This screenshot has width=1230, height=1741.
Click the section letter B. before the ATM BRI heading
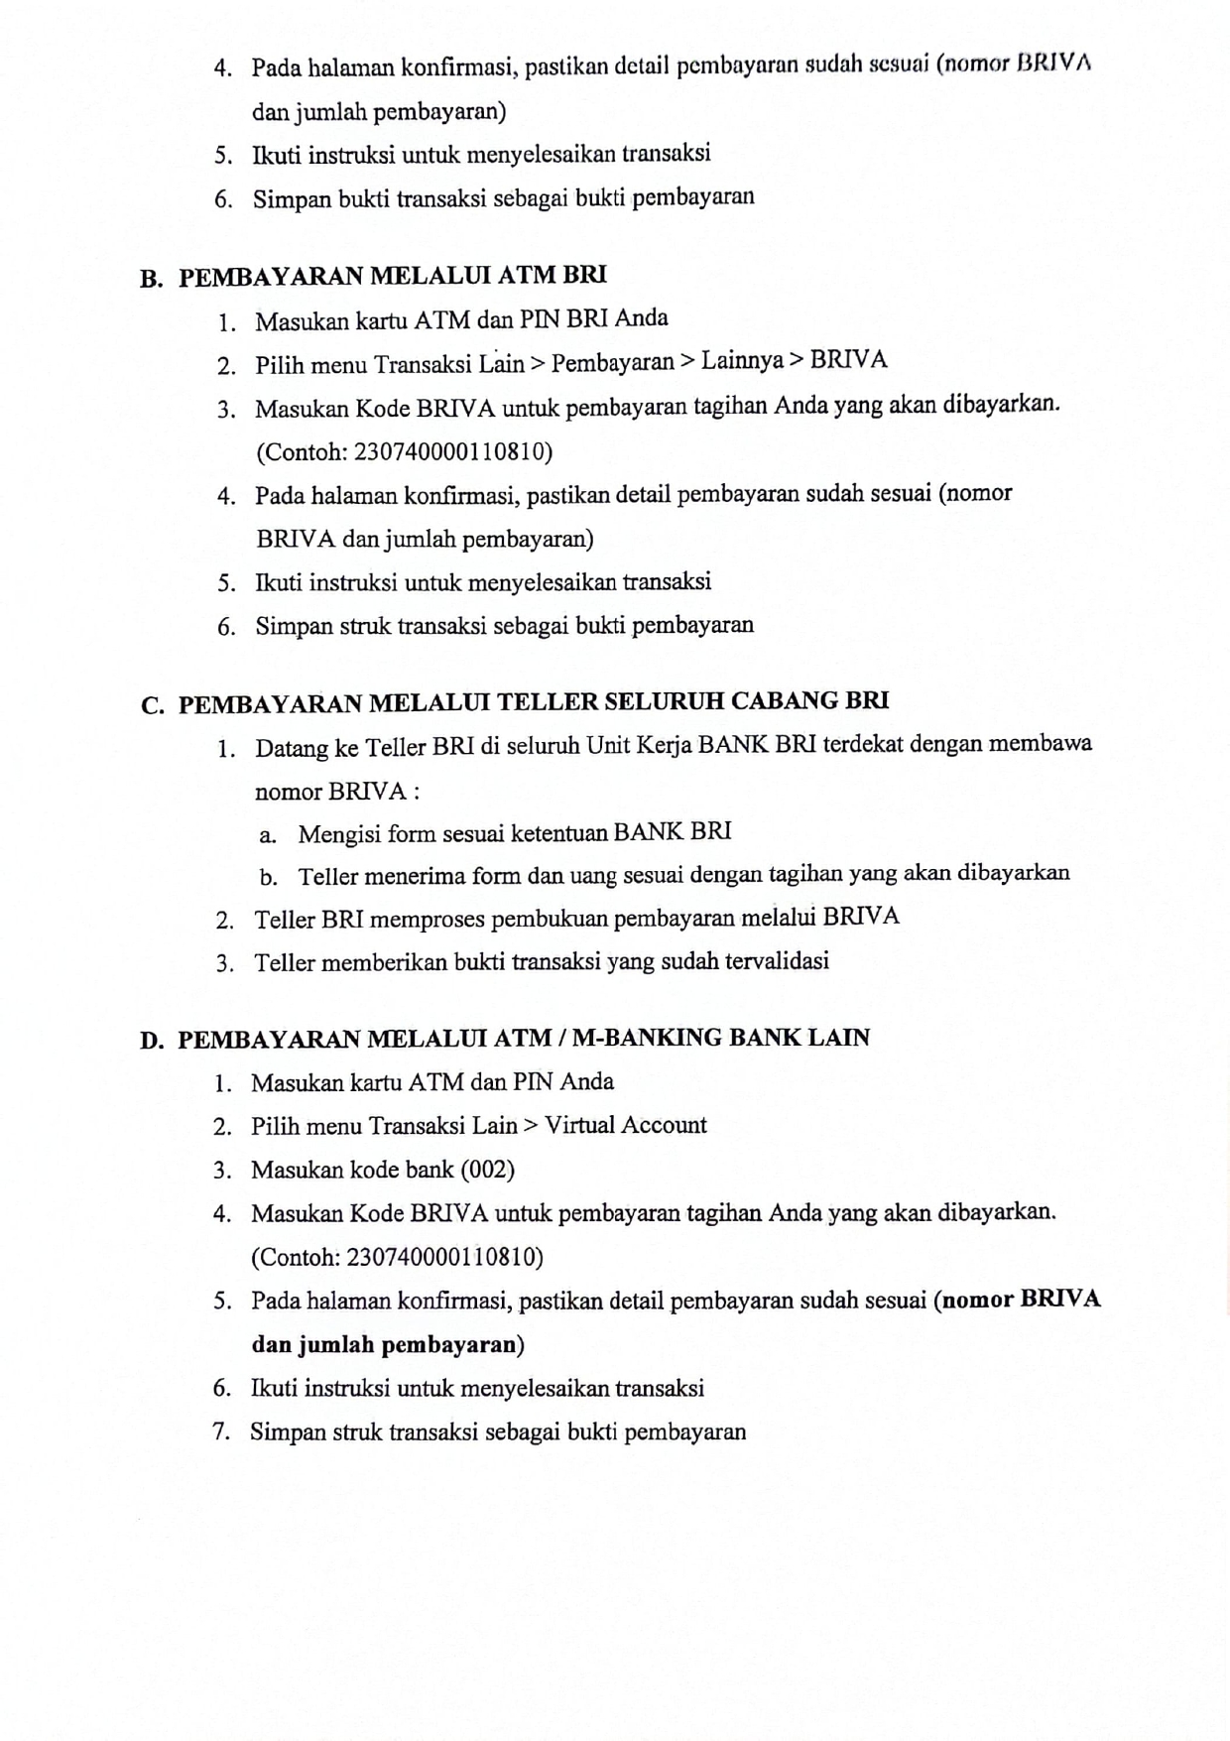click(152, 279)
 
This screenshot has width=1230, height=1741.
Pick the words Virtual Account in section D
click(626, 1125)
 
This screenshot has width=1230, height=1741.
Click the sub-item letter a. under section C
click(268, 835)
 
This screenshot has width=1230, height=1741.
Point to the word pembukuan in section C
click(550, 918)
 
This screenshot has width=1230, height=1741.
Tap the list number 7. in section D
click(223, 1432)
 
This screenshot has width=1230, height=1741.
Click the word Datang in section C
click(292, 749)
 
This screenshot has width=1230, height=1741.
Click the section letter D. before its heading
click(152, 1041)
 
